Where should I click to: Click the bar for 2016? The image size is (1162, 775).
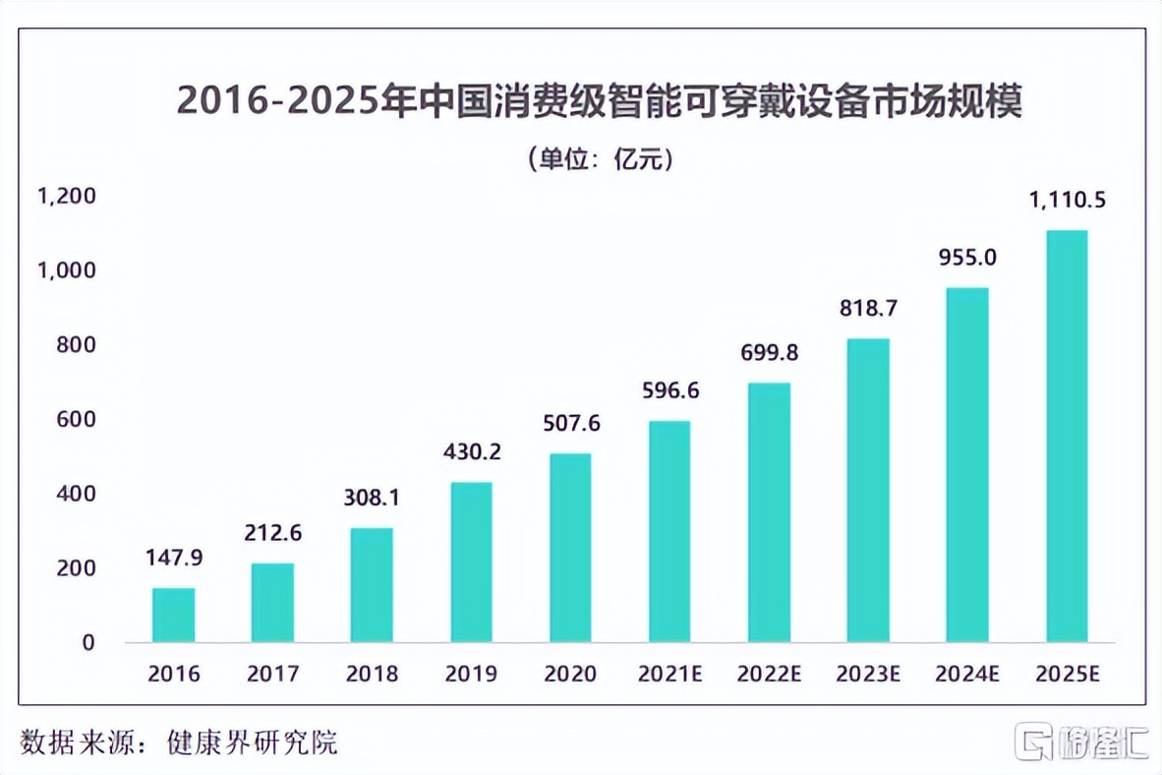[x=173, y=615]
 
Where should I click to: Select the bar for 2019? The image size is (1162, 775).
[x=471, y=562]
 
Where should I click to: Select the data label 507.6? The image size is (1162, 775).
[x=570, y=425]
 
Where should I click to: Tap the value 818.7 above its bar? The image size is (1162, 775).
[x=868, y=308]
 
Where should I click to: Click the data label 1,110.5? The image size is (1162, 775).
[x=1067, y=201]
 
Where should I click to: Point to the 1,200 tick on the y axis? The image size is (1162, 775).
[x=66, y=196]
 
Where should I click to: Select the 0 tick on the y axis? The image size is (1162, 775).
[x=88, y=642]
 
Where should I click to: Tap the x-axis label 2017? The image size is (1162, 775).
[x=272, y=674]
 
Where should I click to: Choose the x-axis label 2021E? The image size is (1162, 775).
[x=669, y=674]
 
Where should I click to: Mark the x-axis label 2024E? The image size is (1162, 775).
[x=967, y=674]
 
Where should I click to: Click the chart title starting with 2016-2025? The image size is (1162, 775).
[x=599, y=101]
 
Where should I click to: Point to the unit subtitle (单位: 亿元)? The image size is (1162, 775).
[x=600, y=157]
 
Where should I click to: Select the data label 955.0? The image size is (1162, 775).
[x=967, y=258]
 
